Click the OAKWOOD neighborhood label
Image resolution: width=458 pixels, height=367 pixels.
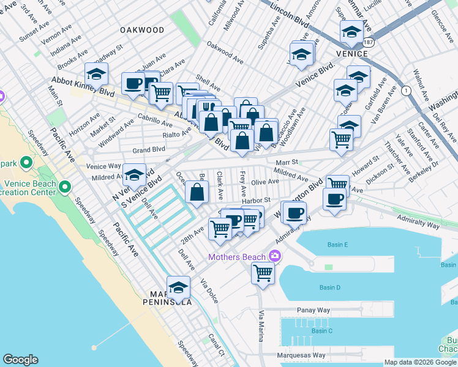(142, 29)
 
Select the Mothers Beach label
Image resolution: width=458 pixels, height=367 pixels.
(237, 257)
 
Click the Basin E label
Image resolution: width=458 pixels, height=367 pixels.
(337, 245)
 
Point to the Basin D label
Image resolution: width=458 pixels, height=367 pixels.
(329, 287)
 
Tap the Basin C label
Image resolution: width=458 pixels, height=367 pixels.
(321, 331)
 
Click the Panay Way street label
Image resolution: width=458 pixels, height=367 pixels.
(313, 310)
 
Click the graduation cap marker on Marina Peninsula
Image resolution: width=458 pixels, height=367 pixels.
(178, 287)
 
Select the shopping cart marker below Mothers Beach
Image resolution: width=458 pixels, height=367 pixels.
(263, 272)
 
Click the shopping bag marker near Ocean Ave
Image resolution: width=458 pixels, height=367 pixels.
(197, 193)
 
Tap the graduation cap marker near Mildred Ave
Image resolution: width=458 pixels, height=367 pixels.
(134, 176)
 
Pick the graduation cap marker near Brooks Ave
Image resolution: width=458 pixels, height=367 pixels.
(96, 74)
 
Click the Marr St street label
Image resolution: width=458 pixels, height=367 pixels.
(286, 163)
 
